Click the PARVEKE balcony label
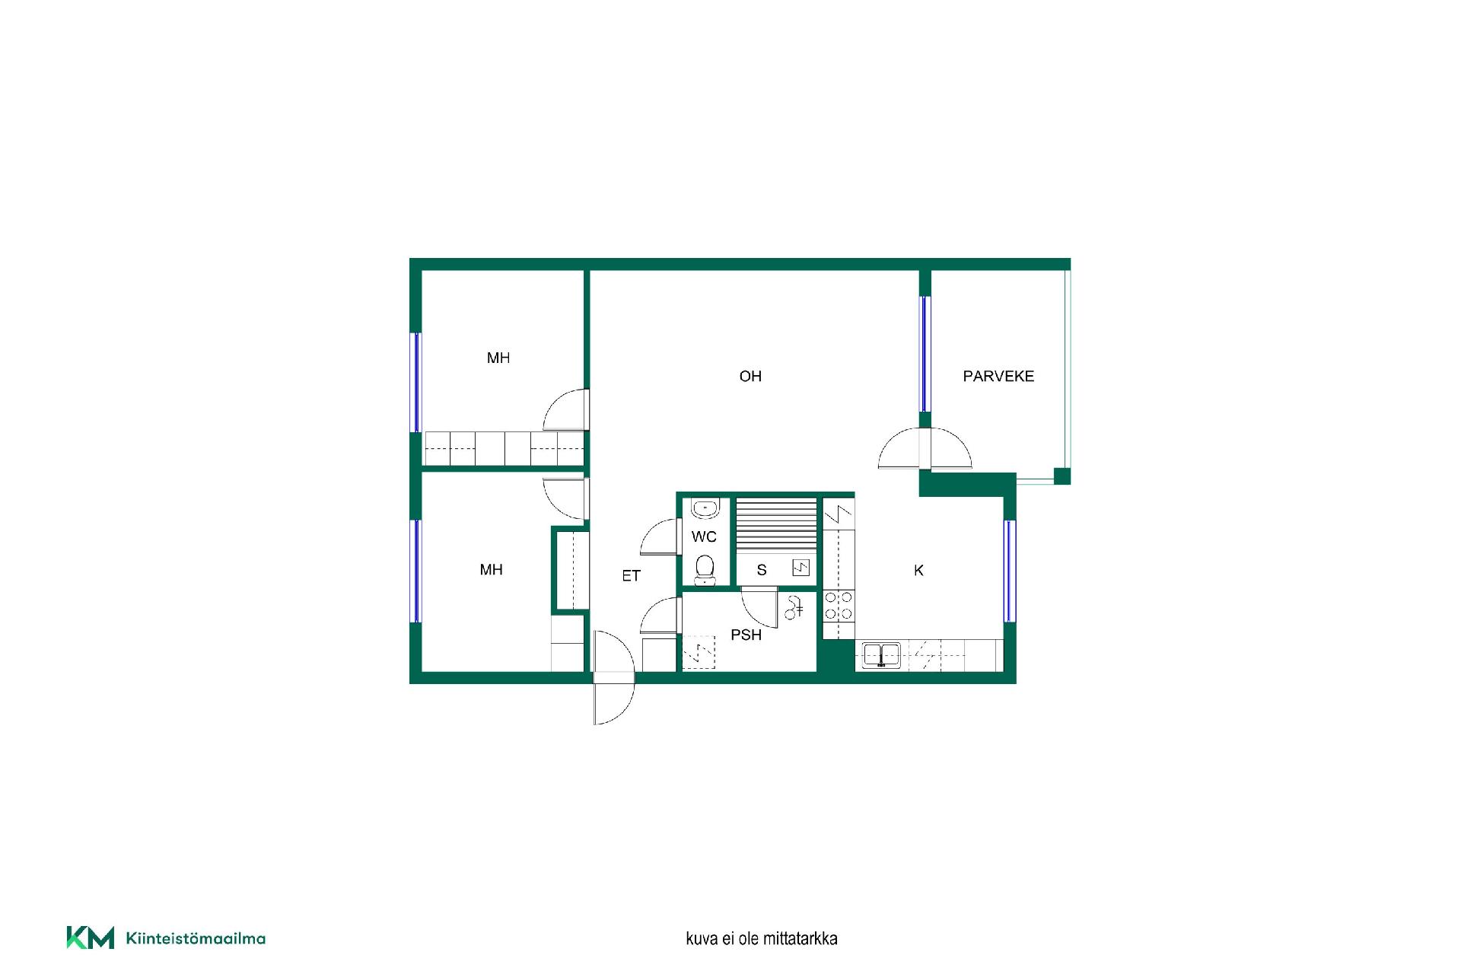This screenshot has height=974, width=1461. click(x=998, y=376)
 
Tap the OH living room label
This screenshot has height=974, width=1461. click(x=750, y=376)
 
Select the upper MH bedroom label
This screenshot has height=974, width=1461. click(x=498, y=358)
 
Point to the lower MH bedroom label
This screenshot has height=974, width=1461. click(x=492, y=569)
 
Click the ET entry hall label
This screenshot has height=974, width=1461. click(x=631, y=576)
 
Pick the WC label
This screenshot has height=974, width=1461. click(x=704, y=536)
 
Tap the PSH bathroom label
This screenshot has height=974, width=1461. click(x=746, y=635)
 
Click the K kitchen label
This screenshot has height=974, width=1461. click(x=918, y=570)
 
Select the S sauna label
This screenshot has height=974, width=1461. click(x=762, y=570)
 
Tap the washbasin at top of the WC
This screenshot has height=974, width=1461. click(x=705, y=508)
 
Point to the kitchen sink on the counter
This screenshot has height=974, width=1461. click(x=882, y=654)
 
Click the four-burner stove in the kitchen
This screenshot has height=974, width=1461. click(x=839, y=606)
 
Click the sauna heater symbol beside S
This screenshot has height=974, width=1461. click(x=801, y=568)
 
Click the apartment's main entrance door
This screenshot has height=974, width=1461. click(x=613, y=677)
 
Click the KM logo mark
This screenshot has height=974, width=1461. click(x=90, y=937)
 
